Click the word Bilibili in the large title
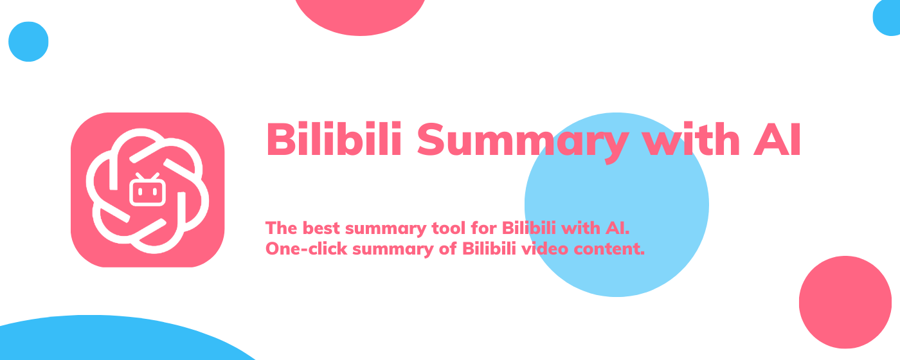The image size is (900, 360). point(334,139)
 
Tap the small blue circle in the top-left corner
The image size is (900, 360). point(28,42)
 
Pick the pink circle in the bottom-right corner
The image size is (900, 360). point(845,302)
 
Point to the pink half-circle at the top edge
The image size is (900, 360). point(360,14)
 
